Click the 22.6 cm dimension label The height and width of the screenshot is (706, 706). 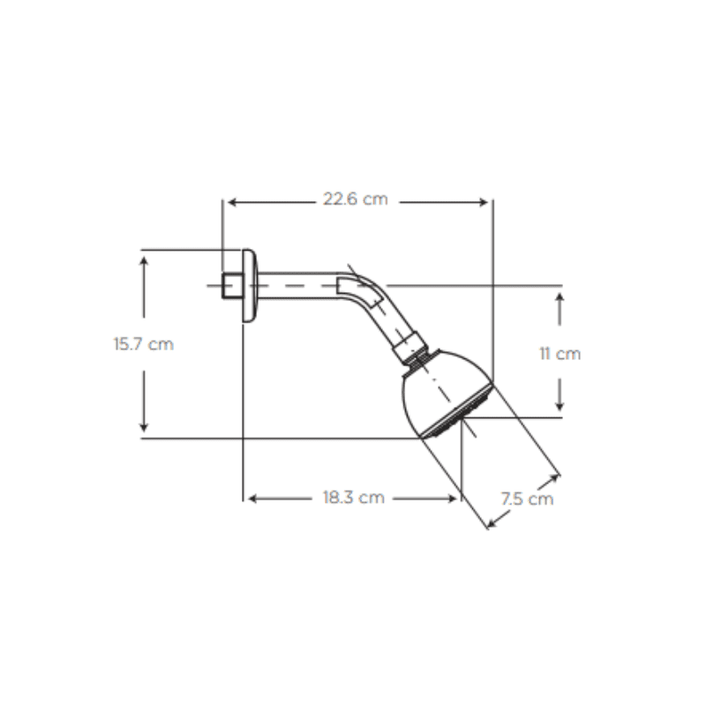[x=356, y=199]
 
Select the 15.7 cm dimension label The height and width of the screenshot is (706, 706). [x=143, y=344]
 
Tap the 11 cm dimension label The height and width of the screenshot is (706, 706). [x=560, y=354]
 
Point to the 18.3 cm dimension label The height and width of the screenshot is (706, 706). [x=354, y=498]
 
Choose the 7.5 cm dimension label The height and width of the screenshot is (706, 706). [x=527, y=499]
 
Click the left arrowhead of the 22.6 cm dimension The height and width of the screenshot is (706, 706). [x=232, y=202]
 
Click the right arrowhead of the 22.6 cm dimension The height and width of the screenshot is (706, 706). [x=484, y=202]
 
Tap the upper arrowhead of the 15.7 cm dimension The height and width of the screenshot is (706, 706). [x=144, y=261]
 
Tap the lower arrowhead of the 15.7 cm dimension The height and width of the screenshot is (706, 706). [x=144, y=427]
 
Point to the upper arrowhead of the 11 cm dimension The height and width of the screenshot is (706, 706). [x=560, y=297]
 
